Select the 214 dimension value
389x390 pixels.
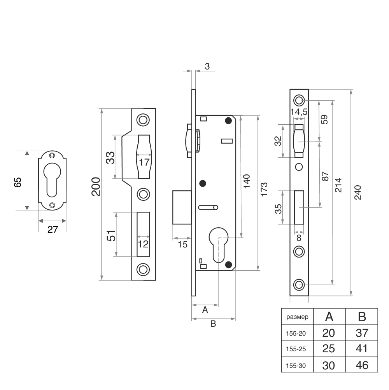(x=338, y=185)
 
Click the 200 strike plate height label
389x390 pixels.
(x=96, y=187)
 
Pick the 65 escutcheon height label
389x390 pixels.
(x=18, y=182)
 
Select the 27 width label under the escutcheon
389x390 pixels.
(x=53, y=229)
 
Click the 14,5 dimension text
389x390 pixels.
(x=299, y=112)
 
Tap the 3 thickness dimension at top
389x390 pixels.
(x=207, y=66)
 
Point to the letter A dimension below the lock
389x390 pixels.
(x=205, y=310)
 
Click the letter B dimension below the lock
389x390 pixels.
(x=213, y=323)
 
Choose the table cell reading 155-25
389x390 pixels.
(x=296, y=349)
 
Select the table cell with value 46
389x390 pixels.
(x=362, y=365)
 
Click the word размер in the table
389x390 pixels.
(x=297, y=317)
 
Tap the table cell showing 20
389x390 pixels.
(x=329, y=333)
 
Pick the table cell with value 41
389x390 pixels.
(x=362, y=349)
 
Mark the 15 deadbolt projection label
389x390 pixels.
(x=182, y=245)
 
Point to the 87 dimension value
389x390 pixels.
(x=325, y=176)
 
